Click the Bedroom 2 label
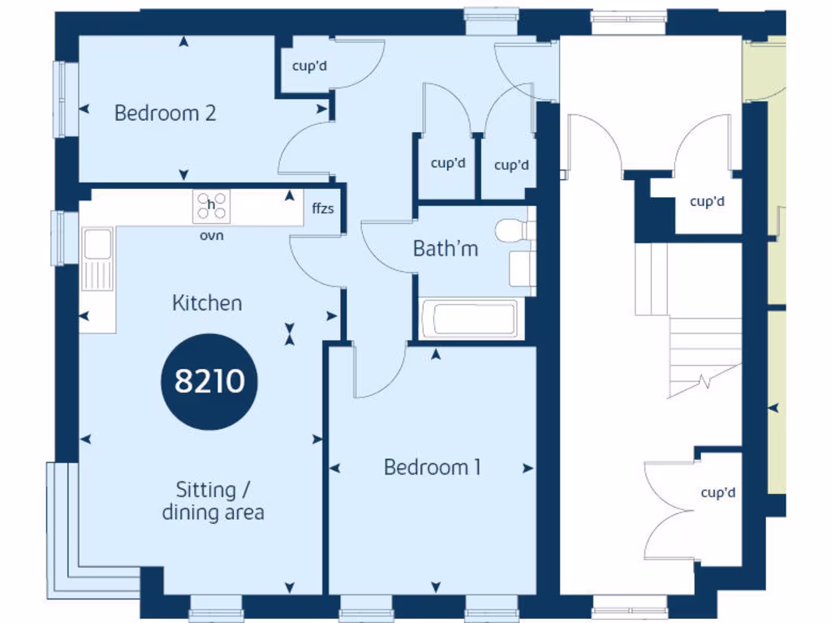[x=165, y=113]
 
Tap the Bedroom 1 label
[x=432, y=467]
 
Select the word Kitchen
[x=207, y=303]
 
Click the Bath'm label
[x=446, y=248]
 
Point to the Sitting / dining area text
[x=212, y=501]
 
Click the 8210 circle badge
[x=209, y=380]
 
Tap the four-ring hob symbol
[x=211, y=207]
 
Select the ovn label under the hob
[x=211, y=236]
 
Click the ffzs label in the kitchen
[x=323, y=208]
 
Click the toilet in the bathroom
[x=514, y=230]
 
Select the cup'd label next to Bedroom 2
[x=310, y=66]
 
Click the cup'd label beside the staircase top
[x=707, y=201]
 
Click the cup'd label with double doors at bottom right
[x=717, y=492]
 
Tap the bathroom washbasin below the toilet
[x=522, y=269]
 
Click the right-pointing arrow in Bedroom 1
[x=528, y=468]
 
